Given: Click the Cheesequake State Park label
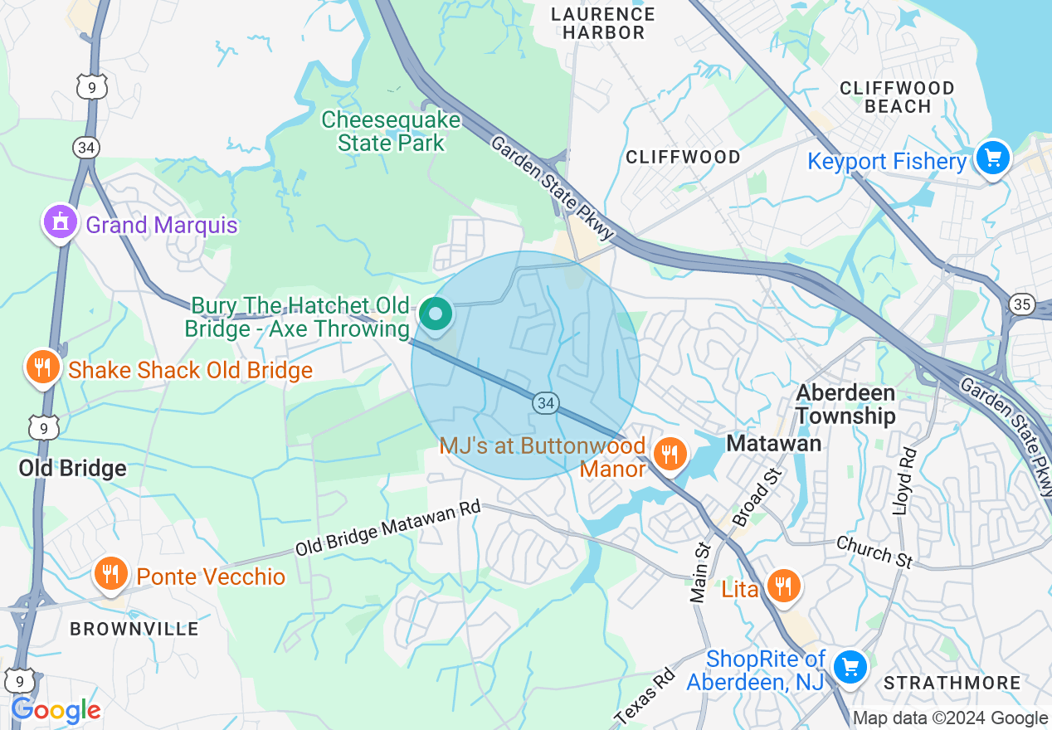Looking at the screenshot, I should click(390, 131).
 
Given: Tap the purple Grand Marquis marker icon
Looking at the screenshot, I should click(60, 223).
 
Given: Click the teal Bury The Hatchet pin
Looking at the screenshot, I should click(435, 314).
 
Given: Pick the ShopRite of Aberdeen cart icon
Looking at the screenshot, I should click(850, 666).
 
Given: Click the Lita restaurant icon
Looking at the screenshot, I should click(782, 586).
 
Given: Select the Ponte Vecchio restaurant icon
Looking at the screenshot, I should click(109, 574).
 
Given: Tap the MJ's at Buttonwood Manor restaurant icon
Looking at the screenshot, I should click(670, 454).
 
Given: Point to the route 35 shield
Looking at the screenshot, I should click(1020, 304).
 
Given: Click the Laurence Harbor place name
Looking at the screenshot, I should click(603, 23).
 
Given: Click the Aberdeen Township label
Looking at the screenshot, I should click(845, 404).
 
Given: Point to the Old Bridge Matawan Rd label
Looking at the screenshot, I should click(388, 531).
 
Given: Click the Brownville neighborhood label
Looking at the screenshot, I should click(134, 629).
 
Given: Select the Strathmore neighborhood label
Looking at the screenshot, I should click(952, 683).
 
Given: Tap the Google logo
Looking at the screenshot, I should click(56, 710).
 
